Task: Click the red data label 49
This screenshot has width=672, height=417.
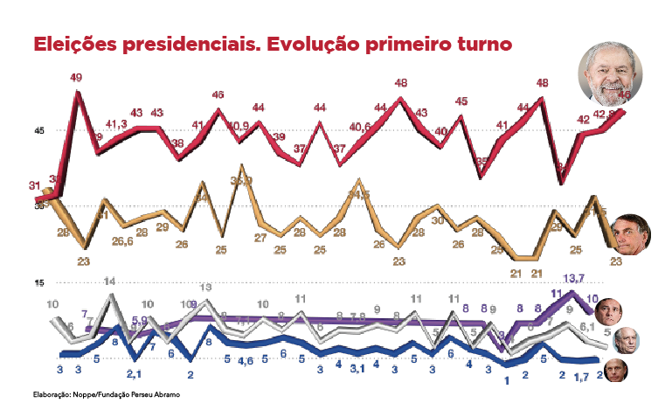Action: (x=77, y=78)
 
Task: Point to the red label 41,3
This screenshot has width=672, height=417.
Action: (x=117, y=125)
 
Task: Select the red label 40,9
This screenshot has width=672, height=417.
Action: (x=239, y=125)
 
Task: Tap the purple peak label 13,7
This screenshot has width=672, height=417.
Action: (x=573, y=278)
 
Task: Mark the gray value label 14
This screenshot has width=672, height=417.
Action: (x=110, y=281)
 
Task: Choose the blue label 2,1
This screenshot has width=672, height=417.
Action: (x=134, y=374)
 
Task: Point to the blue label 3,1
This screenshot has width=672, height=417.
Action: (x=357, y=368)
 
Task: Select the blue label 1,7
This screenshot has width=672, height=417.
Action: (x=581, y=376)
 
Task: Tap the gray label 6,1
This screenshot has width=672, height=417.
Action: (x=587, y=326)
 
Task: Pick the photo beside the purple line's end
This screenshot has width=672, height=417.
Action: (x=607, y=310)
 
